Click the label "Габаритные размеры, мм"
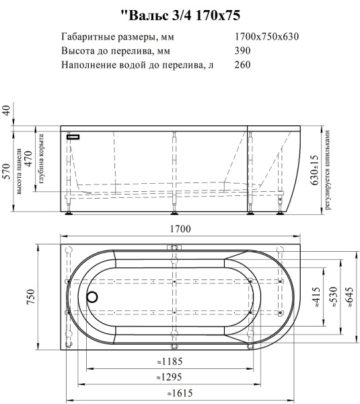click(114, 36)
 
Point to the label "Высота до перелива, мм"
click(115, 51)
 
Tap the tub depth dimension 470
click(29, 160)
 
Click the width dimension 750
click(30, 296)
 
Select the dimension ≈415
click(315, 297)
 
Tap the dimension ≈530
click(332, 297)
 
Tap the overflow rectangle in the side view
click(73, 137)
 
